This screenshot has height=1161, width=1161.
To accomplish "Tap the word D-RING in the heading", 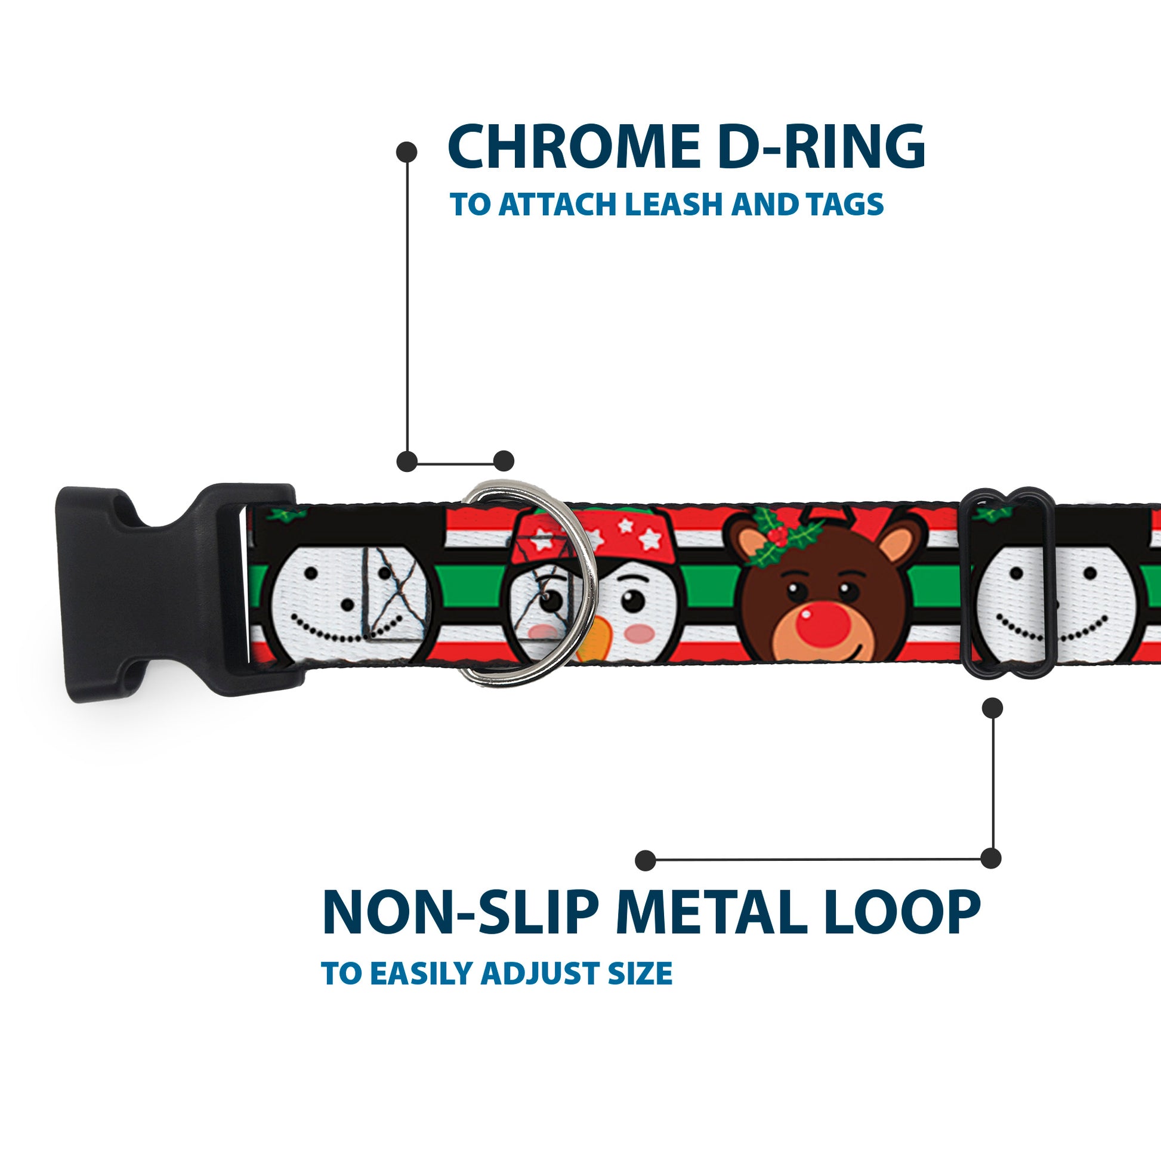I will tap(822, 147).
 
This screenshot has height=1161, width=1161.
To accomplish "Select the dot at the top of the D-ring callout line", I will tap(407, 152).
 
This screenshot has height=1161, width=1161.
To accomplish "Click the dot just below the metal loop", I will tap(992, 708).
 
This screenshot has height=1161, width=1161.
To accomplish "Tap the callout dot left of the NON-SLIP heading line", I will tap(645, 860).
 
